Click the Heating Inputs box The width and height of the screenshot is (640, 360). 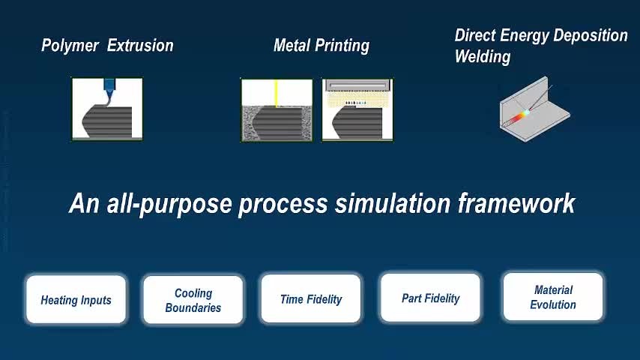click(76, 299)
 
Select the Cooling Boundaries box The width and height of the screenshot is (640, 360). click(193, 300)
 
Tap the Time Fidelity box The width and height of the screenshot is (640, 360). click(311, 298)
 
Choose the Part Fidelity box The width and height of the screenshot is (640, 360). click(430, 298)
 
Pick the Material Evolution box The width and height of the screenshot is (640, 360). click(553, 297)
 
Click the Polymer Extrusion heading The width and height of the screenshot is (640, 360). click(107, 45)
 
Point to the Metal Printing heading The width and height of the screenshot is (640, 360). click(321, 45)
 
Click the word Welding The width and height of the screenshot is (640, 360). click(483, 56)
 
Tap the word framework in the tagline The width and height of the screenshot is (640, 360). click(516, 203)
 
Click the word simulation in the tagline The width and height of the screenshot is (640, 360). click(392, 203)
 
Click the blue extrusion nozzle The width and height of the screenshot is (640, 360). click(109, 88)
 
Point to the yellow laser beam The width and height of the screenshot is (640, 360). click(277, 93)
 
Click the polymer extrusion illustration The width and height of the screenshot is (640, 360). click(107, 109)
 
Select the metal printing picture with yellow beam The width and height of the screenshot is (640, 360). click(277, 110)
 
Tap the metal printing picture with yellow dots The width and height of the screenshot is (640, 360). click(357, 110)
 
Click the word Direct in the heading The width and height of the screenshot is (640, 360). click(476, 35)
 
